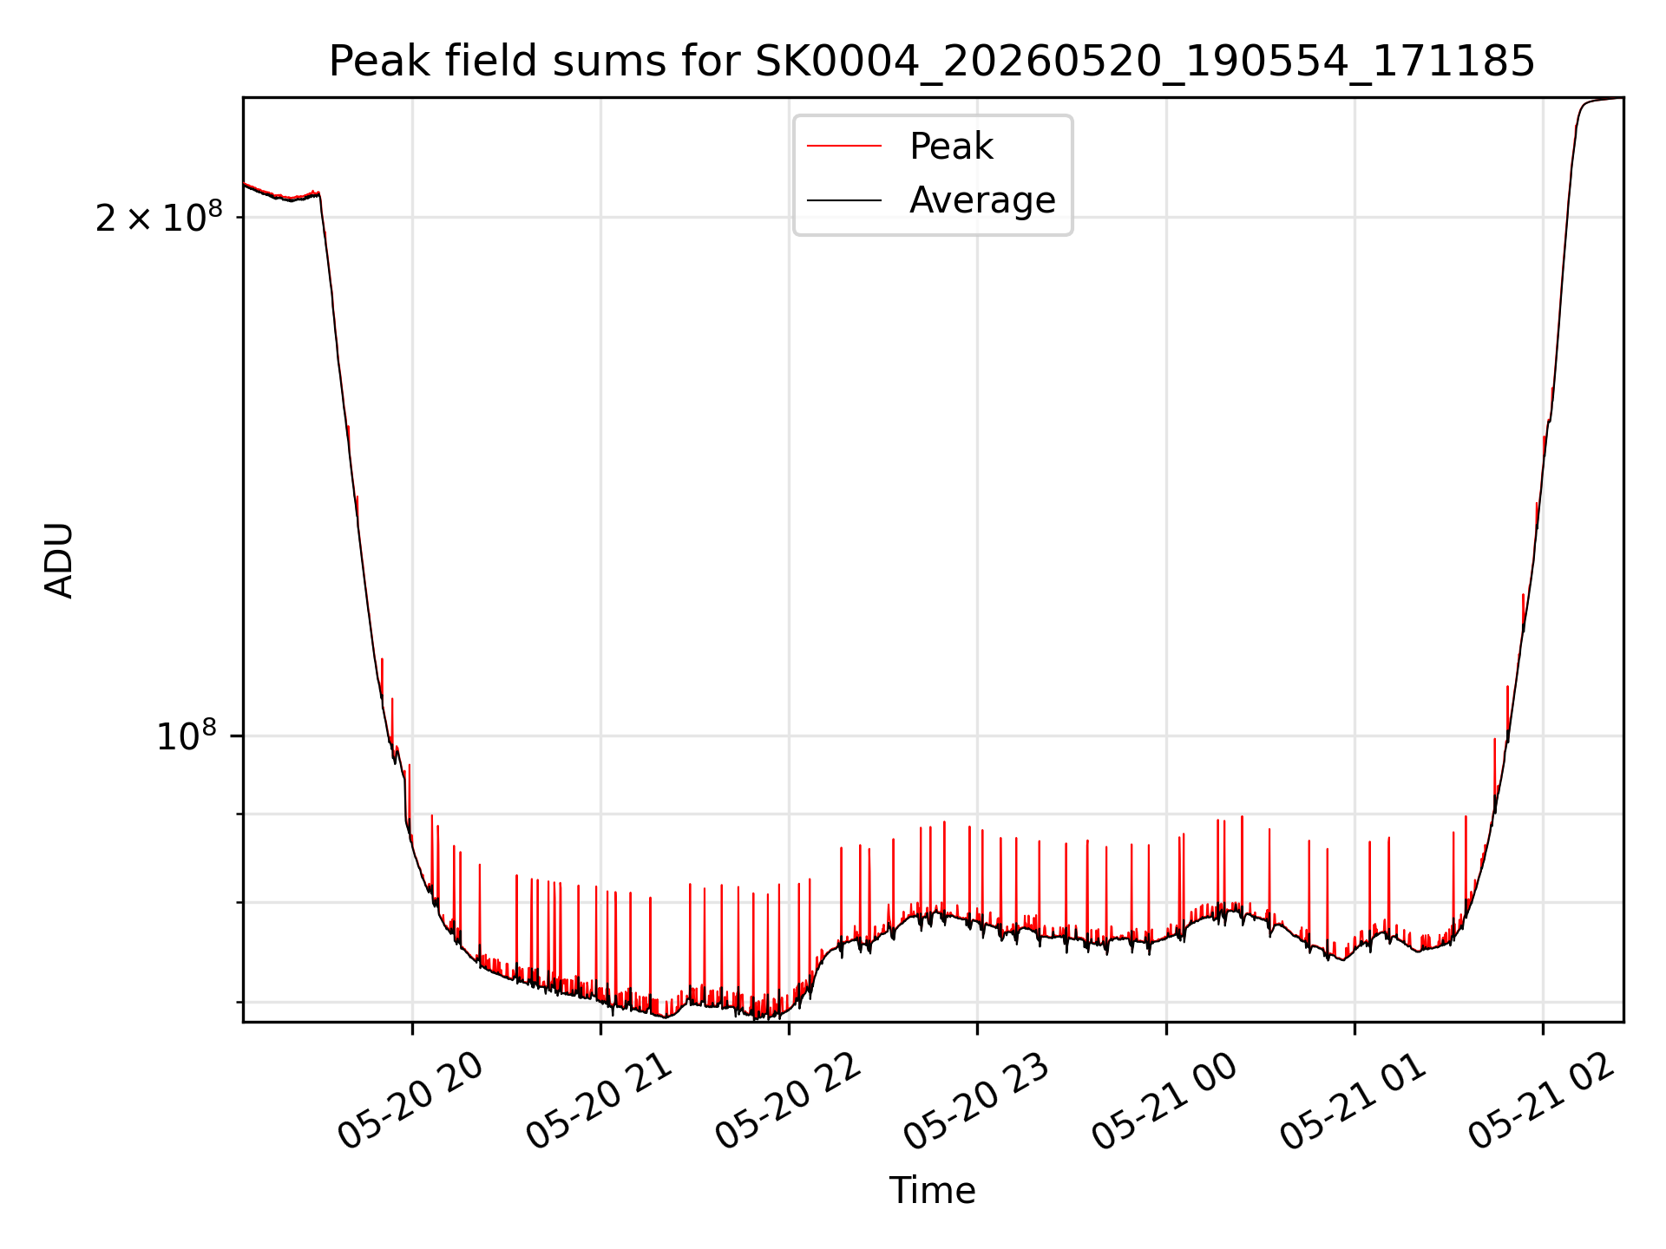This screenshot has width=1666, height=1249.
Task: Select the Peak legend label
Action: point(951,147)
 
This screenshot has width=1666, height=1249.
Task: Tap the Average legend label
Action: point(982,200)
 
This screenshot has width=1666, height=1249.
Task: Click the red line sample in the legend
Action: point(844,147)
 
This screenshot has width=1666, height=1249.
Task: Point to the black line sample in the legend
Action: point(844,200)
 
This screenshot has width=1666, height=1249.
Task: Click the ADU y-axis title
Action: point(59,560)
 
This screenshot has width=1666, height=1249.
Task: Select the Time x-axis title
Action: point(932,1191)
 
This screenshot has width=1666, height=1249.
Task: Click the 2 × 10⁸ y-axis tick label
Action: point(159,216)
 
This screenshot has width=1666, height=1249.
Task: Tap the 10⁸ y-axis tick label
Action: point(186,736)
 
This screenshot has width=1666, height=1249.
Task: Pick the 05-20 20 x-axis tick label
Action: point(410,1101)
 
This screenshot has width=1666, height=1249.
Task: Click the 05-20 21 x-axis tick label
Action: point(600,1101)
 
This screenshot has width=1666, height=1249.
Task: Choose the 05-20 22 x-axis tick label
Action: point(788,1101)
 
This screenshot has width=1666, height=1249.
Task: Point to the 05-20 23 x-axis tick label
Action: point(976,1101)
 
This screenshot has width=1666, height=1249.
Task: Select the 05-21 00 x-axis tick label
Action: point(1164,1101)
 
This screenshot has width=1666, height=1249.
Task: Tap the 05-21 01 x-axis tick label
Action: point(1353,1101)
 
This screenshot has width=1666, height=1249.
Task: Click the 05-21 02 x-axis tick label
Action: point(1541,1101)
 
